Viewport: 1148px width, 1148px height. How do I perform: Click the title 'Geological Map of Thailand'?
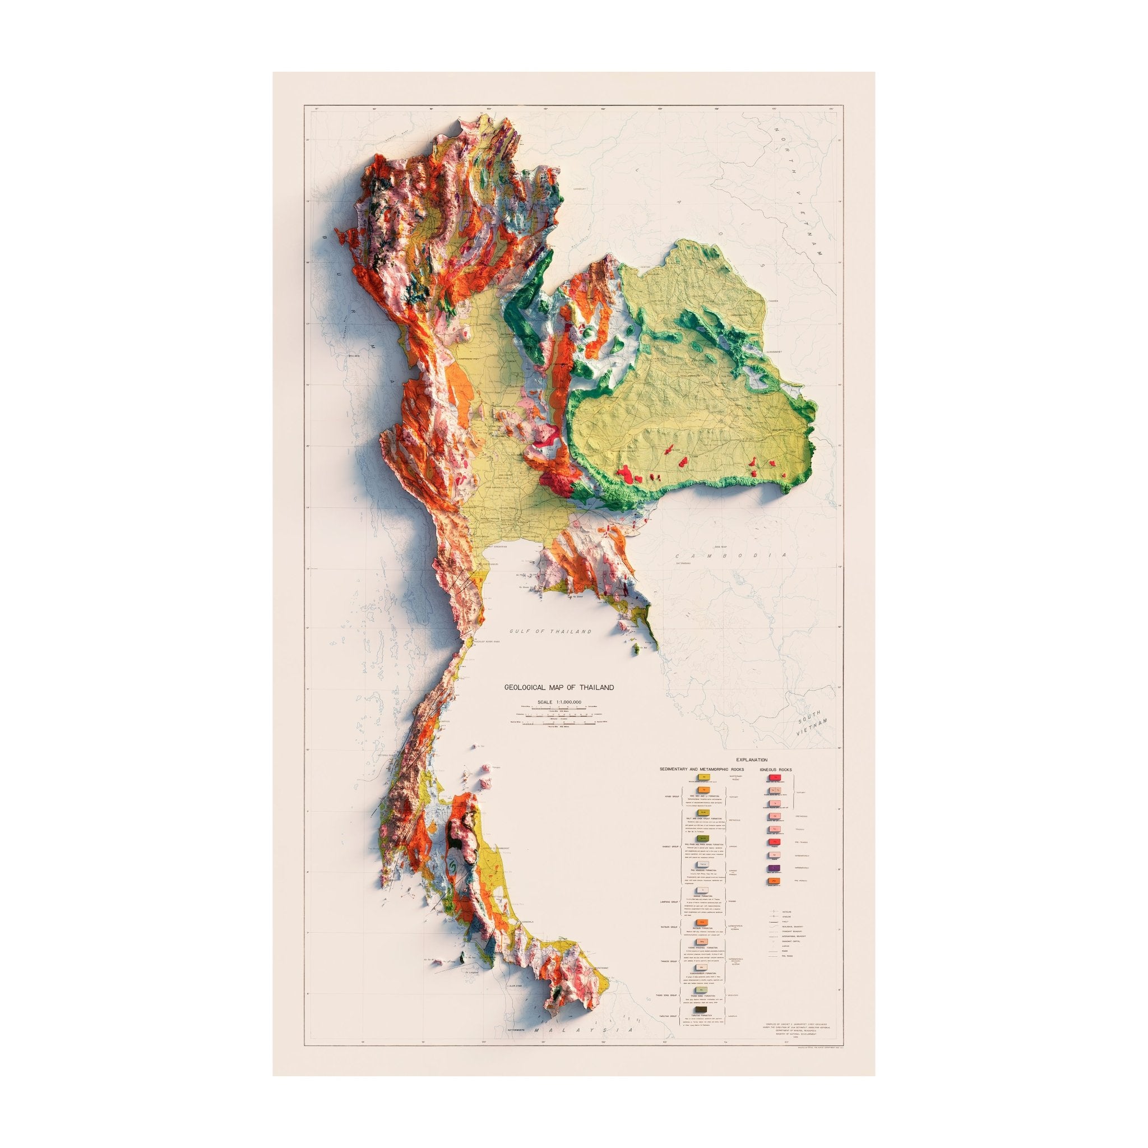[558, 687]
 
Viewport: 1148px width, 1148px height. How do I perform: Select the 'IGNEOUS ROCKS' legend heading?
[776, 770]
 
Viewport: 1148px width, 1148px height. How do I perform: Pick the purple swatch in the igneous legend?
[774, 868]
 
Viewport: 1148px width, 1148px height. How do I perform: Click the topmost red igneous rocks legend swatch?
[775, 778]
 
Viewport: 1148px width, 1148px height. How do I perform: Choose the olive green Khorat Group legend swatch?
[703, 839]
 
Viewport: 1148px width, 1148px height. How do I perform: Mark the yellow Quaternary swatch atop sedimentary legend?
[704, 777]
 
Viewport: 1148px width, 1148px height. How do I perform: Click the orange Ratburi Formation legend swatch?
[702, 922]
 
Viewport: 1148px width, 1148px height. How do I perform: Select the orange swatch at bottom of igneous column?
[774, 881]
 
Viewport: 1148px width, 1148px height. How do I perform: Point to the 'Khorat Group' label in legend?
[671, 847]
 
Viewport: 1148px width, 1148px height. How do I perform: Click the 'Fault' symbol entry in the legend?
[780, 922]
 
